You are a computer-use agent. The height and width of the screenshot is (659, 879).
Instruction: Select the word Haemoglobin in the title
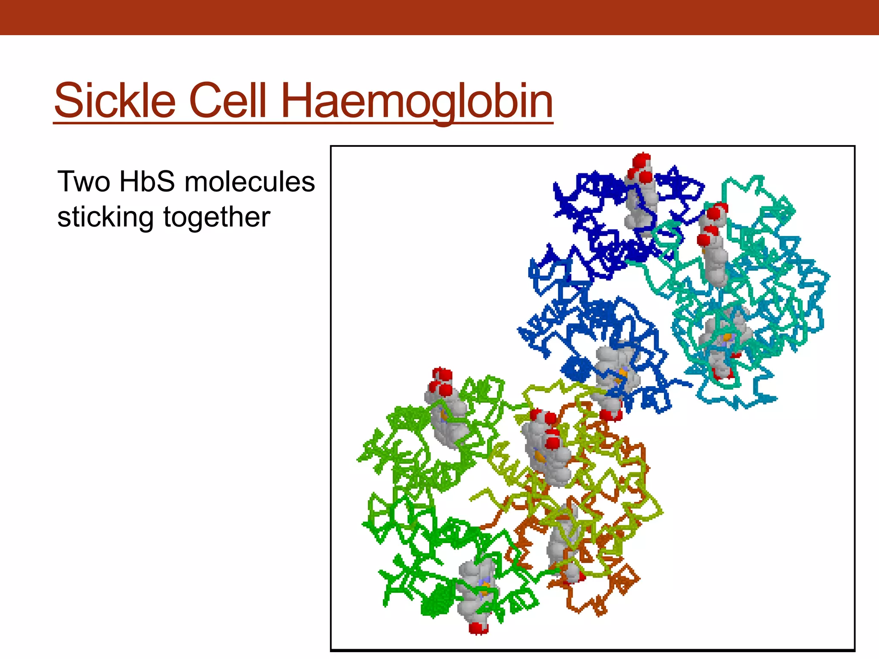416,101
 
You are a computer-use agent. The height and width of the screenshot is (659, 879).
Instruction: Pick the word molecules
249,181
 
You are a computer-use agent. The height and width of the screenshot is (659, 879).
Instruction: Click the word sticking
105,217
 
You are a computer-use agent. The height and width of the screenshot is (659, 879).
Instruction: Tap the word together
217,217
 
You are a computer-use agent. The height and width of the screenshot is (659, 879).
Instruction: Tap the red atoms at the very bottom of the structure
478,628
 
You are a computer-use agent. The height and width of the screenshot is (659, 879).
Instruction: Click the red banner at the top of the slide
439,17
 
